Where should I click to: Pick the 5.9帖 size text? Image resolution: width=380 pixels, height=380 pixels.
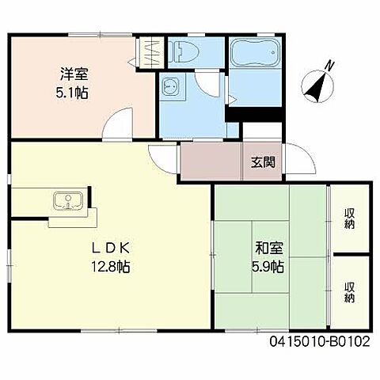(x=265, y=267)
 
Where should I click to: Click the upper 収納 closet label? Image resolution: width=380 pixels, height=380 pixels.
(x=349, y=218)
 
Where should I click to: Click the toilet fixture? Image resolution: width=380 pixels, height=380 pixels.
(x=184, y=52)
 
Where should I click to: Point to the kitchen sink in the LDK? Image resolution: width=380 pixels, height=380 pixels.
(x=67, y=202)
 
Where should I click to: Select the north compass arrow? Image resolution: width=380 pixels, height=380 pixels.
(x=318, y=85)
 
